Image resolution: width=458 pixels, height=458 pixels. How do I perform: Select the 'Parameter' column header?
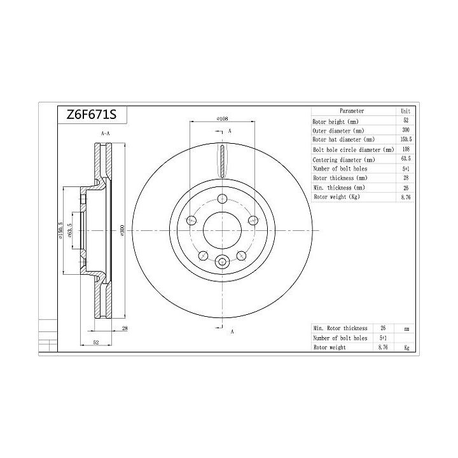352,110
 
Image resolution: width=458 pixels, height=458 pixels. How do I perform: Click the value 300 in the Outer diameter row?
406,130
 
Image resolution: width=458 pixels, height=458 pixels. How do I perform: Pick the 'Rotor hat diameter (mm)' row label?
343,139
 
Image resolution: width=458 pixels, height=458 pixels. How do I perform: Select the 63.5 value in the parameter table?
406,159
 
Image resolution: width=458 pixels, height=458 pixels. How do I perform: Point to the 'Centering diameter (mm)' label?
343,159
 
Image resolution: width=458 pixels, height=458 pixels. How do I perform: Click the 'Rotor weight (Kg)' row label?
337,197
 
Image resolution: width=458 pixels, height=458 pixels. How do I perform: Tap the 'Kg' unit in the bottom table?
406,348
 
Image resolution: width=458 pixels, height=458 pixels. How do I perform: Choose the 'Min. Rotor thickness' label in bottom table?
340,328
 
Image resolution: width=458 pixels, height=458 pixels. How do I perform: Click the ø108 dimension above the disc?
223,118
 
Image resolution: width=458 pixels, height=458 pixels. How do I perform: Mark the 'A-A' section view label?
106,134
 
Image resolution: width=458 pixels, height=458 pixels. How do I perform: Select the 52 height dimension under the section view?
96,343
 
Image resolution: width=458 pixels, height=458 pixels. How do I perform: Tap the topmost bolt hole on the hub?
222,198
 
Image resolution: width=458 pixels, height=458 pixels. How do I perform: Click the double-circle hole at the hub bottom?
222,261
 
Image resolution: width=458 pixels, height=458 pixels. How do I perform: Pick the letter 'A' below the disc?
232,331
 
